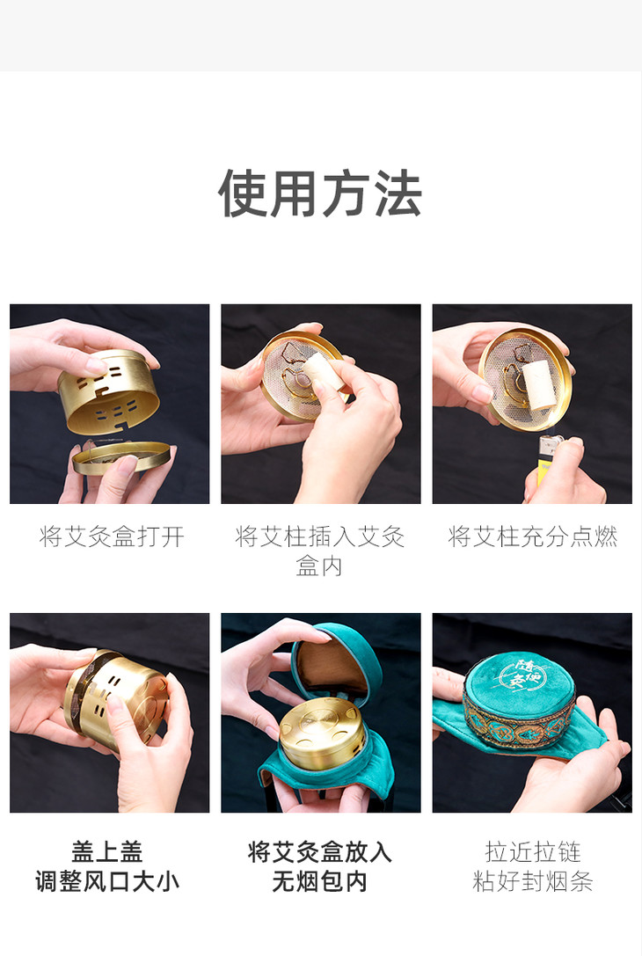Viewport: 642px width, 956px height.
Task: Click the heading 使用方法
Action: [x=320, y=193]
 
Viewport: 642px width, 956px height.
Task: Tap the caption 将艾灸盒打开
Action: [x=112, y=536]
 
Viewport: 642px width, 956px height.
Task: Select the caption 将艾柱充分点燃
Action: [x=532, y=536]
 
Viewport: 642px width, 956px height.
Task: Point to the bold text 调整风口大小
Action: [x=107, y=881]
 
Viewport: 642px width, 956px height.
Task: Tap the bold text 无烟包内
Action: [x=319, y=881]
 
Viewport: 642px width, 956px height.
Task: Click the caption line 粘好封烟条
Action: [x=532, y=881]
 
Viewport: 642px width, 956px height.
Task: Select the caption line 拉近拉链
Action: [x=532, y=851]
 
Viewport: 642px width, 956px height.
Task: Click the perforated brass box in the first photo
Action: [x=108, y=390]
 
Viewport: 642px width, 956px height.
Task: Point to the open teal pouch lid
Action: [x=335, y=660]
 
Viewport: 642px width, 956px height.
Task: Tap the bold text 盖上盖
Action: [x=107, y=851]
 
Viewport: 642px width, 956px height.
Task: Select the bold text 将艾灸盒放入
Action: [x=319, y=851]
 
